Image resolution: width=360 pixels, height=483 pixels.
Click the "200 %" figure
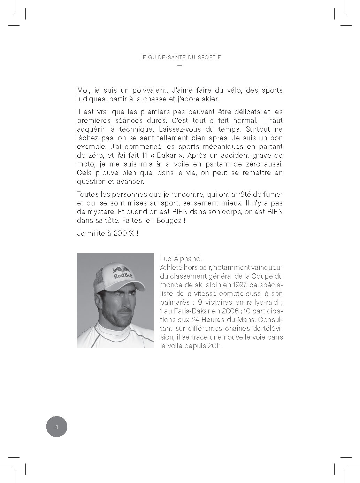pos(123,233)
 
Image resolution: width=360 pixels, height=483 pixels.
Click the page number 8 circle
pos(56,427)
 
